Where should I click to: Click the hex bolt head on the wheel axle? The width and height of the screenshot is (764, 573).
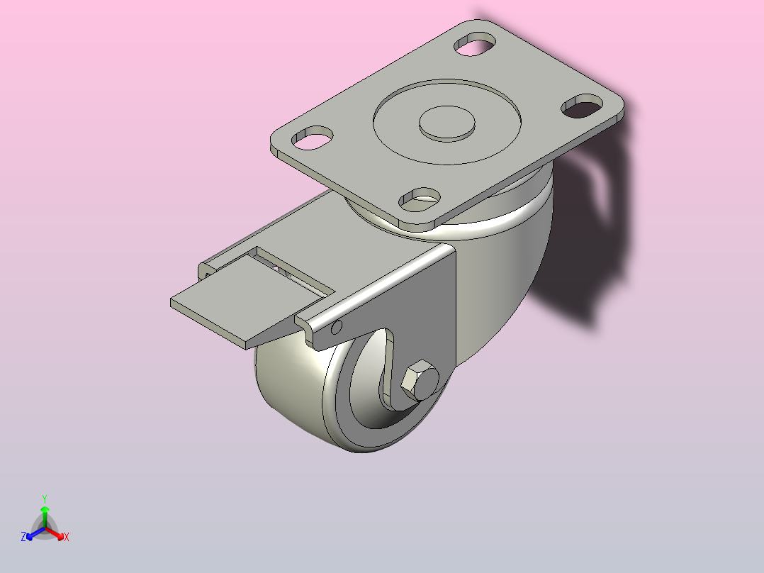[420, 379]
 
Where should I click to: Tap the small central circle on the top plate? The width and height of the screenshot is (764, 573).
[446, 123]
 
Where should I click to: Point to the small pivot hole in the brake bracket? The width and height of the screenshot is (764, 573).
[336, 327]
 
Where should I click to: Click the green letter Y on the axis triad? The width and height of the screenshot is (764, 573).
[45, 499]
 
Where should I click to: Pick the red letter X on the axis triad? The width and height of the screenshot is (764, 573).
[67, 537]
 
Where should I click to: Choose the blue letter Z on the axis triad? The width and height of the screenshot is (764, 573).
[23, 537]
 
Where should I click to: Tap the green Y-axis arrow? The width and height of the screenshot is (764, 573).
[45, 517]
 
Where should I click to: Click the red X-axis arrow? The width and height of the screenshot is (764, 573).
[55, 533]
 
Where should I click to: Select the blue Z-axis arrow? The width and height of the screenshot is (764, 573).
[35, 533]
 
